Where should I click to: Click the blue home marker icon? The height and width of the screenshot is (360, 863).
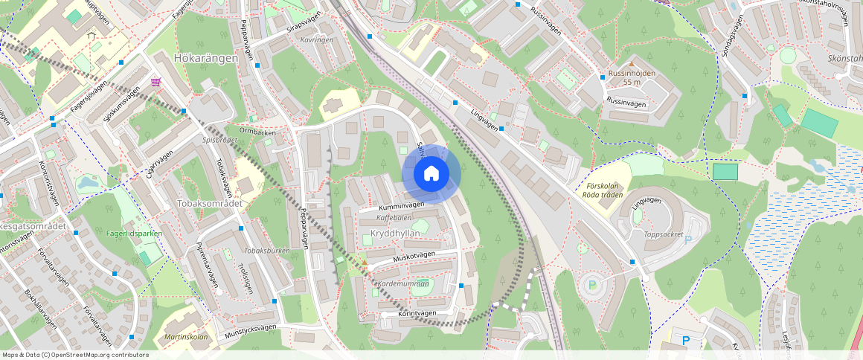pyautogui.click(x=431, y=174)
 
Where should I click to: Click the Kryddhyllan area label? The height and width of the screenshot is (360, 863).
pyautogui.click(x=395, y=233)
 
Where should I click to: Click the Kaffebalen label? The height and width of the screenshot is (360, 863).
pyautogui.click(x=394, y=218)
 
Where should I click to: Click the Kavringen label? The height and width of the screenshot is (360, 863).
pyautogui.click(x=317, y=39)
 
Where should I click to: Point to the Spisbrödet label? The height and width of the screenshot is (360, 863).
pyautogui.click(x=219, y=139)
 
